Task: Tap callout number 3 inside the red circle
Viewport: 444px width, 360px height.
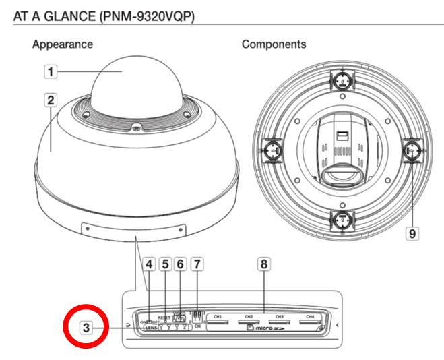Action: tap(86, 328)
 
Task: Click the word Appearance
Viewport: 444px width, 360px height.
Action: tap(63, 44)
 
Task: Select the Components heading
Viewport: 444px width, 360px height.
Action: tap(274, 44)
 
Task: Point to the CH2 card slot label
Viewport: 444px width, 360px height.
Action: tap(249, 316)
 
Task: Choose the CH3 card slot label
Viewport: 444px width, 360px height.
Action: tap(279, 316)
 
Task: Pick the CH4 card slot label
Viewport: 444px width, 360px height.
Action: tap(309, 316)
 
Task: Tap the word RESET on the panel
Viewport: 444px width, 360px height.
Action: tap(164, 316)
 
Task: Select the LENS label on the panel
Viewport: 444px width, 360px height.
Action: tap(150, 328)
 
